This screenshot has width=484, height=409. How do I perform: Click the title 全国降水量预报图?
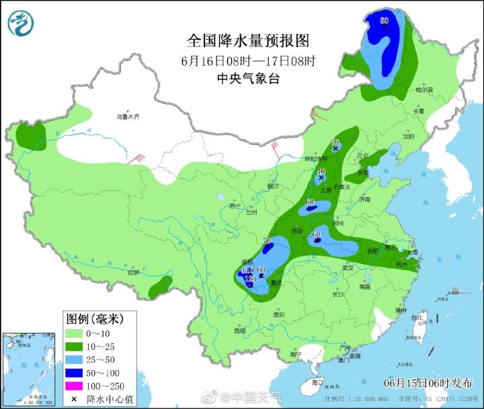[x=248, y=40]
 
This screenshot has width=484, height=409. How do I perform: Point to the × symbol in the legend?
[x=73, y=399]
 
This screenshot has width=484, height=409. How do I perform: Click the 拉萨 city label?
[x=133, y=273]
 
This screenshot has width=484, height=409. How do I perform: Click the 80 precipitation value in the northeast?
[x=385, y=21]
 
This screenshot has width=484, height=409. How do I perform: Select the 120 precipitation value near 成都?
[x=250, y=278]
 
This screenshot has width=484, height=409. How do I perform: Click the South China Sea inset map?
[x=28, y=369]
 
